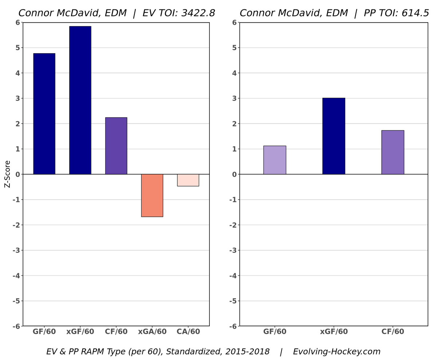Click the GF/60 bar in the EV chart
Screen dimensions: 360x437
pos(44,114)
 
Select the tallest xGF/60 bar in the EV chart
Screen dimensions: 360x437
pos(80,100)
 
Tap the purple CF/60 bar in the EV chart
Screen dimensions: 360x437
pos(116,146)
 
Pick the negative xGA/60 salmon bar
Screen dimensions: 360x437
pos(152,195)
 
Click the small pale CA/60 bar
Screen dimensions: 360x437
pos(188,180)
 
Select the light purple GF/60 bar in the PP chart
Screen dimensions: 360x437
pos(275,160)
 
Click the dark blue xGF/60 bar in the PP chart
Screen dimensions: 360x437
pos(334,136)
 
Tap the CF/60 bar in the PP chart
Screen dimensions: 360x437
pos(393,152)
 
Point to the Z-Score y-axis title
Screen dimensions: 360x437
pos(7,174)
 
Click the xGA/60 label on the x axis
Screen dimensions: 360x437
pos(152,332)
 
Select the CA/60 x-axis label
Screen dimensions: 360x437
pos(188,332)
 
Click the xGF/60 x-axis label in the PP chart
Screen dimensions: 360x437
pos(334,332)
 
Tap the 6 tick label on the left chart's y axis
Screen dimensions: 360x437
pos(17,23)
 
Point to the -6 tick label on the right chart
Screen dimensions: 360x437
pos(233,326)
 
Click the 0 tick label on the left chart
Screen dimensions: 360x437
pos(17,174)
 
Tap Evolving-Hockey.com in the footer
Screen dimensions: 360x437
pos(336,352)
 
